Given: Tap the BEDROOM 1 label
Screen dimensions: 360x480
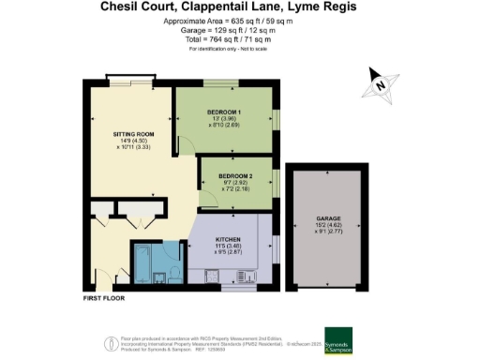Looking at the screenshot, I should pos(224,112).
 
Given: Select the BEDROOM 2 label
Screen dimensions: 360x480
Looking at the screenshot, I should pos(235,175).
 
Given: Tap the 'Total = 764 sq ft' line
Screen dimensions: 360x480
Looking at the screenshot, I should pos(239,39).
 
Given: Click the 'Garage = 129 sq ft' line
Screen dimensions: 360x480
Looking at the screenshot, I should pos(239,31).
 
